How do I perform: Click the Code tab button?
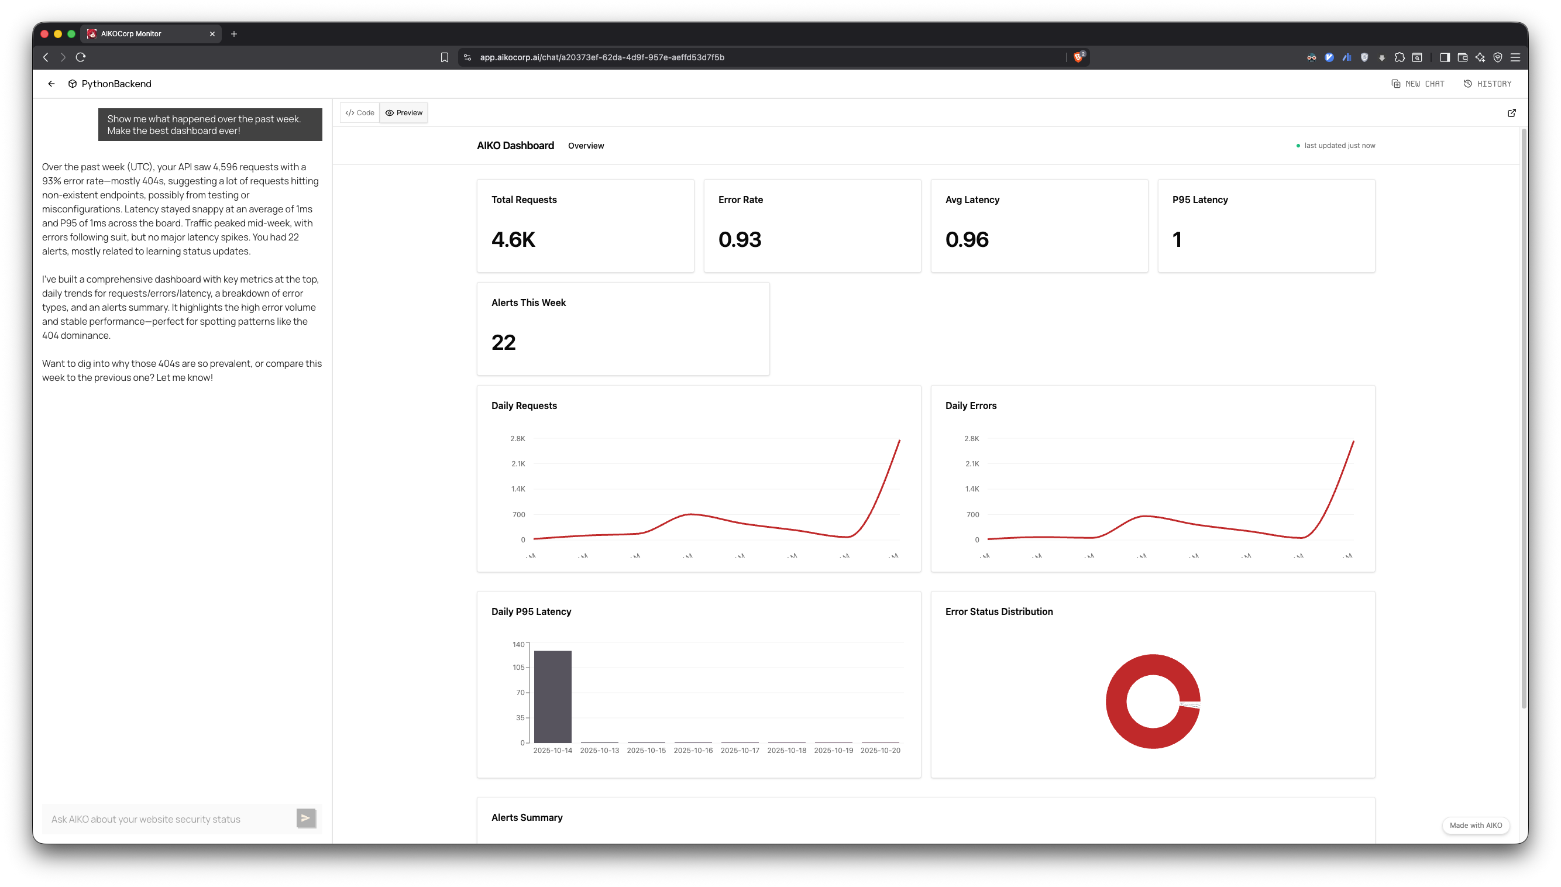[x=359, y=113]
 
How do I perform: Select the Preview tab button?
[x=404, y=113]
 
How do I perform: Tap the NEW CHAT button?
[x=1418, y=84]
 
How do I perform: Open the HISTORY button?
[x=1487, y=84]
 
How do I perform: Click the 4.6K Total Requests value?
[x=513, y=239]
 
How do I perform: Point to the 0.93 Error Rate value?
[x=740, y=239]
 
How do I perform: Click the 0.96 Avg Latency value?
[x=967, y=239]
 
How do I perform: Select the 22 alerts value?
[x=503, y=342]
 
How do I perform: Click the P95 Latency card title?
[x=1199, y=200]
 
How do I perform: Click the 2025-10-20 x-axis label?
[x=880, y=751]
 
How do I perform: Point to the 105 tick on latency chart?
[x=518, y=668]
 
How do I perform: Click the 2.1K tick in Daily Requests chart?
[x=518, y=463]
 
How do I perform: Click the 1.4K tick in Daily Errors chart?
[x=971, y=489]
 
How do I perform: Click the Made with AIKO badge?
[x=1475, y=826]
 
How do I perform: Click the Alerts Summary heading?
[x=527, y=817]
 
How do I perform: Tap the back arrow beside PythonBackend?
[x=51, y=84]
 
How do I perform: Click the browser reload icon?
[x=80, y=57]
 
